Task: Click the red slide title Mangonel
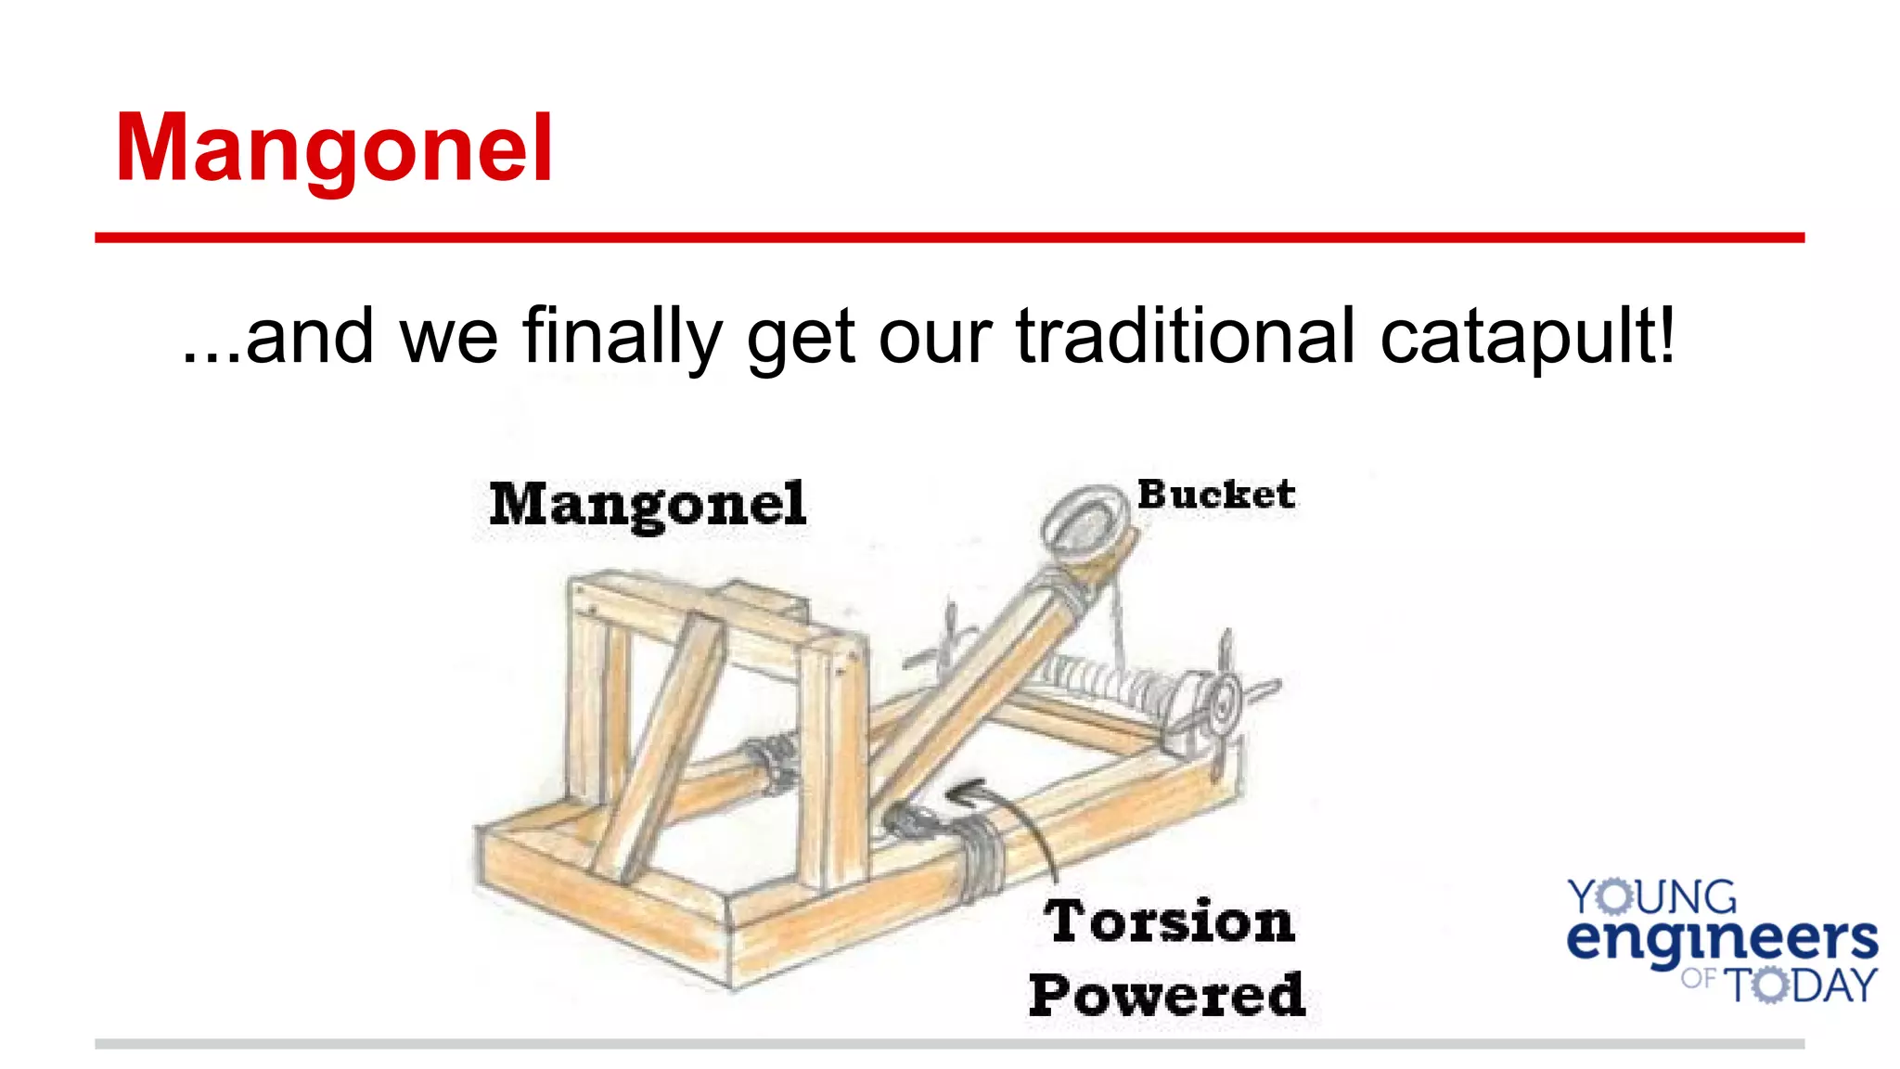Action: click(x=334, y=148)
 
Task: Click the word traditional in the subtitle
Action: click(x=1186, y=336)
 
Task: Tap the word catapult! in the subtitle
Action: click(x=1528, y=336)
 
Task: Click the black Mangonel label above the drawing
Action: click(x=648, y=505)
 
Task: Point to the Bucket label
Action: click(x=1216, y=495)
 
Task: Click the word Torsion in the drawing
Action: click(x=1169, y=921)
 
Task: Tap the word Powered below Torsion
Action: click(x=1167, y=996)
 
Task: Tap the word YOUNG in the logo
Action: click(x=1651, y=897)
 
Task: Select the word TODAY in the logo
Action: click(x=1800, y=985)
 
